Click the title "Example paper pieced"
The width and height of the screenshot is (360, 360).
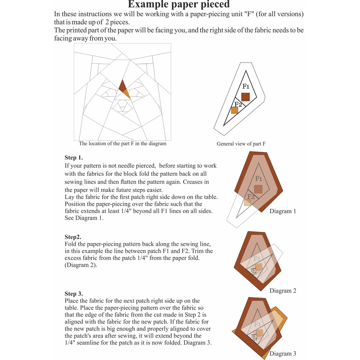click(x=179, y=5)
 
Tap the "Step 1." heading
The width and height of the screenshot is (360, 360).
click(x=74, y=158)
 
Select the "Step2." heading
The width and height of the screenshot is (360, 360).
click(x=73, y=237)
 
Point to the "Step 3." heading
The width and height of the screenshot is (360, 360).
click(x=73, y=294)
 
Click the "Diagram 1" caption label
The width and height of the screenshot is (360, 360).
click(x=283, y=211)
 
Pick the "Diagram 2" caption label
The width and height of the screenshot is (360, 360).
click(x=283, y=291)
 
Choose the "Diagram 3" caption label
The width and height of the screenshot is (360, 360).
click(x=283, y=354)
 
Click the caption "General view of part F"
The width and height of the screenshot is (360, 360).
click(x=241, y=144)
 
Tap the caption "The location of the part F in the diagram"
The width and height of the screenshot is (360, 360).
click(x=122, y=143)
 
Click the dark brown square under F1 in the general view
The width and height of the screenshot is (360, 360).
click(x=246, y=97)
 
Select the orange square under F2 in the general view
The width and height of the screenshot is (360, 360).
click(x=235, y=111)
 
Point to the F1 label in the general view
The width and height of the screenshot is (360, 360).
click(x=246, y=86)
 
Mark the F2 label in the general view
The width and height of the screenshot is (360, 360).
click(x=238, y=104)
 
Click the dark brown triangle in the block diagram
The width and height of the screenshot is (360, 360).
click(x=122, y=86)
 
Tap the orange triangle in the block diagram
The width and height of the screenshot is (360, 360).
click(x=126, y=94)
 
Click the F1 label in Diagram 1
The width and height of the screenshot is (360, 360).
click(x=258, y=179)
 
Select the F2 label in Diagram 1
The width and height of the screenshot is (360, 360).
click(x=251, y=197)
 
